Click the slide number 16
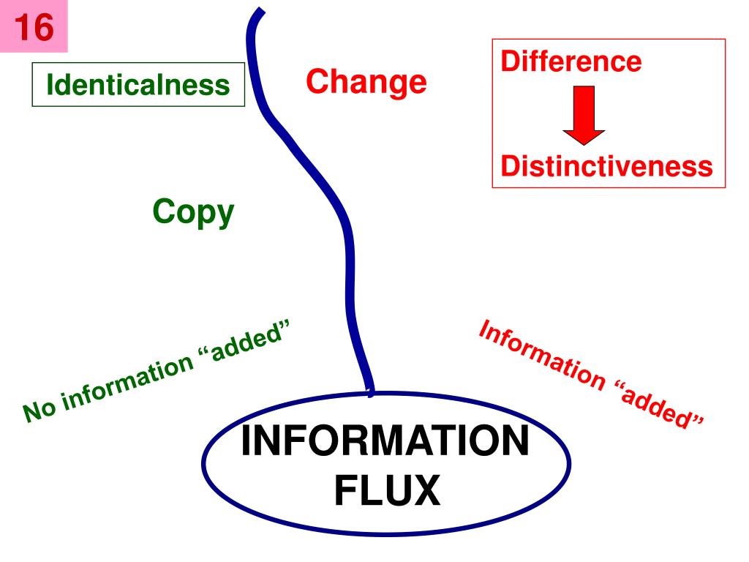pyautogui.click(x=34, y=28)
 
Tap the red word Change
pyautogui.click(x=366, y=82)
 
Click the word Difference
pyautogui.click(x=571, y=61)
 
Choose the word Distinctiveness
pyautogui.click(x=606, y=167)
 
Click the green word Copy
pyautogui.click(x=194, y=213)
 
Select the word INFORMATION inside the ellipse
pyautogui.click(x=385, y=443)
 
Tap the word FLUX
pyautogui.click(x=387, y=490)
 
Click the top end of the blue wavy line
pyautogui.click(x=257, y=12)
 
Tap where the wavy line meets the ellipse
pyautogui.click(x=371, y=394)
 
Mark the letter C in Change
pyautogui.click(x=317, y=82)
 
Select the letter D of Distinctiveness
pyautogui.click(x=510, y=167)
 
